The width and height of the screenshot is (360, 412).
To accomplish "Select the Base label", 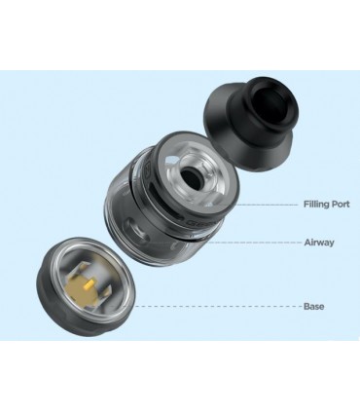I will pos(312,306).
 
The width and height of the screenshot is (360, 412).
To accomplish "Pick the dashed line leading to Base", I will pos(224,306).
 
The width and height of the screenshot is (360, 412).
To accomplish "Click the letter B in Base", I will pos(305,306).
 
